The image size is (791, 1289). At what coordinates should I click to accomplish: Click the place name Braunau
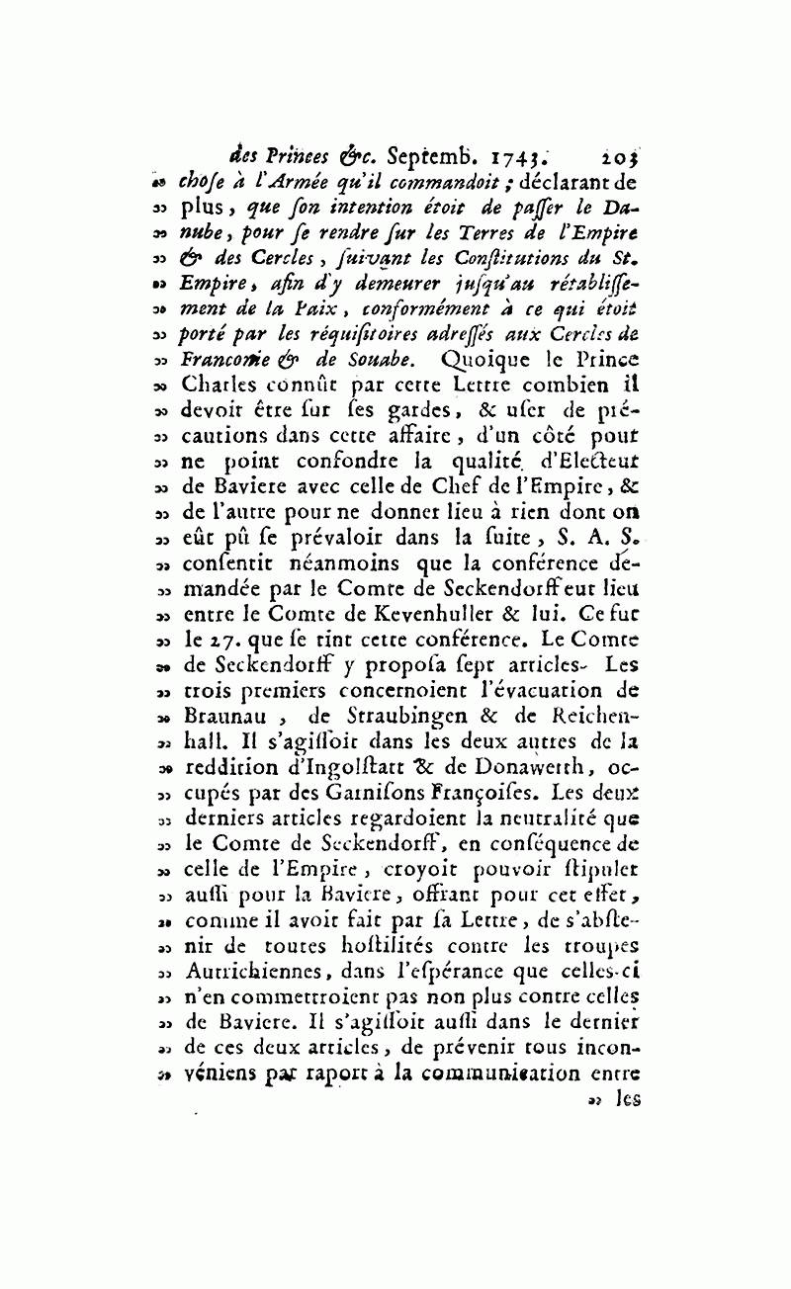coord(224,717)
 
